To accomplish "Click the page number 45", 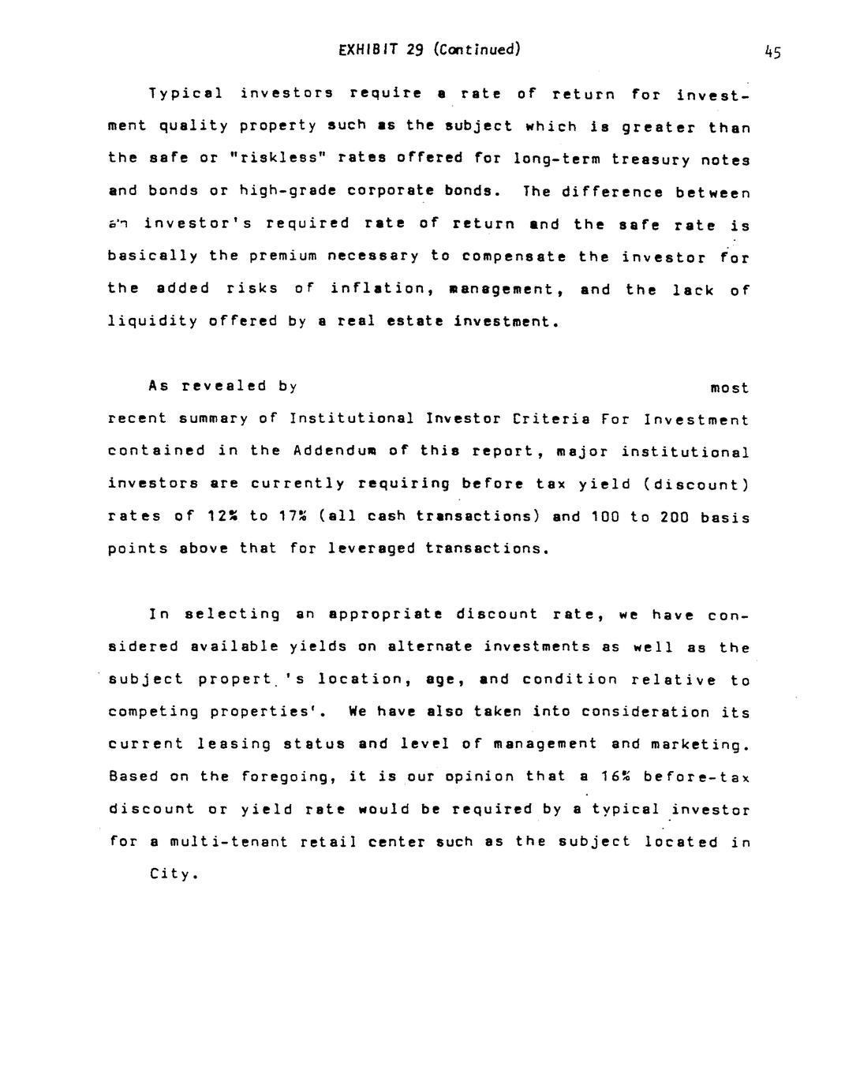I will [772, 53].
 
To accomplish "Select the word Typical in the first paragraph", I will [185, 93].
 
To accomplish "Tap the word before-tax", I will [697, 777].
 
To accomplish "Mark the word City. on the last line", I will [172, 874].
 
